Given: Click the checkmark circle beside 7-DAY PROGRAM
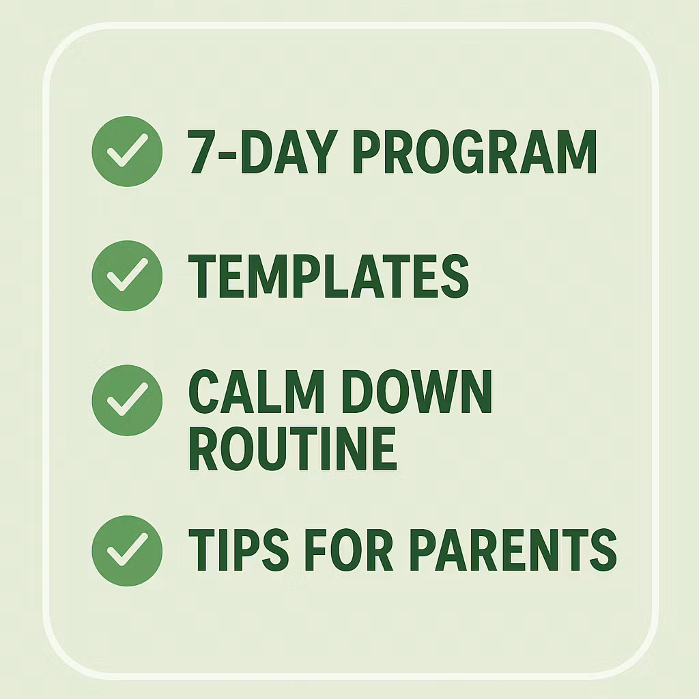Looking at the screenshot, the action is (x=127, y=152).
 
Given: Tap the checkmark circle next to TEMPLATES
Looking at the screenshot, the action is (x=127, y=276).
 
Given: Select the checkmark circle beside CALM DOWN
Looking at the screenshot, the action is (x=127, y=400).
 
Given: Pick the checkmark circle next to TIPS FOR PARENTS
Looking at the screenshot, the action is (x=127, y=550).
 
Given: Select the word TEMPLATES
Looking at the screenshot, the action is (x=328, y=276).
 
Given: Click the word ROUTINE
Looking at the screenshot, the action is (x=293, y=448).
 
